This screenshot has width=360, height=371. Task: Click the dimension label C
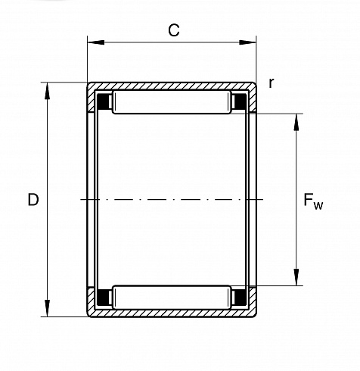tap(174, 30)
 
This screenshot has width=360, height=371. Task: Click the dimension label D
tap(33, 200)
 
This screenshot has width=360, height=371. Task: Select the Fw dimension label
tap(313, 201)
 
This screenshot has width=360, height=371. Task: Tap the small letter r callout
tap(271, 83)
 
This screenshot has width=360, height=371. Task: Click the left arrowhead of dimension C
tap(96, 42)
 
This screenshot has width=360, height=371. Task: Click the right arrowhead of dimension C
tap(247, 42)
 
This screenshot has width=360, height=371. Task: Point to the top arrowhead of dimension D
tap(47, 91)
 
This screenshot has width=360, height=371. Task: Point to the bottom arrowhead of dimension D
tap(47, 308)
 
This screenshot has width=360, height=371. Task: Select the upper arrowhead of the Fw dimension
tap(296, 122)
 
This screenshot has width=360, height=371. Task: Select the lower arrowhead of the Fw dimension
tap(296, 277)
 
